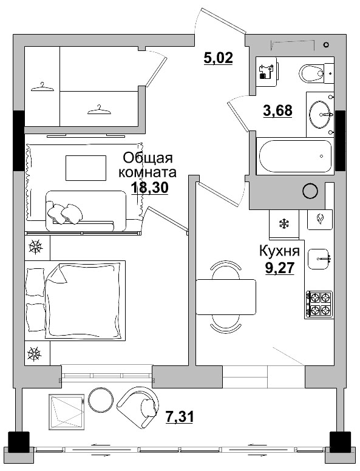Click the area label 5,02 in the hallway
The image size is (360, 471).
point(217,58)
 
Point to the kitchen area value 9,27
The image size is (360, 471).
point(280,268)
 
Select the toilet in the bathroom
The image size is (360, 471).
point(314,74)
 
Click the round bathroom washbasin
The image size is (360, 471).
point(321,114)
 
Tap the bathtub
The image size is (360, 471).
point(296,157)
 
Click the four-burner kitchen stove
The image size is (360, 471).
point(319,304)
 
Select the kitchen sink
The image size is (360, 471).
point(319,259)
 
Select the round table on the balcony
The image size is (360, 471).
point(101,400)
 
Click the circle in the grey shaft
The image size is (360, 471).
point(310,191)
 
